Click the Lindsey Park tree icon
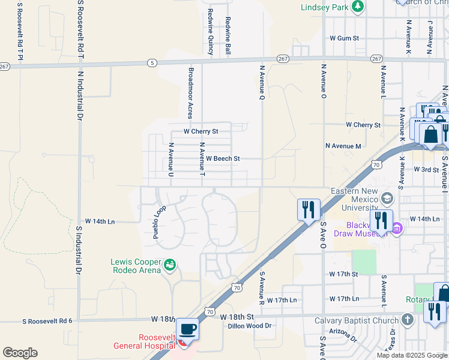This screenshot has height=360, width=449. [x=357, y=7]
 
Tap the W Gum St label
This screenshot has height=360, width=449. [x=344, y=38]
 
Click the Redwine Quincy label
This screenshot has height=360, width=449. [x=211, y=31]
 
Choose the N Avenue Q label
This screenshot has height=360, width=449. [x=262, y=82]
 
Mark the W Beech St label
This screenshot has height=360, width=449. [x=223, y=159]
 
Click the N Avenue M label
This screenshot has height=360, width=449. [x=343, y=146]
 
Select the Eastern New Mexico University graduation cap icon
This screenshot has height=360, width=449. [x=387, y=199]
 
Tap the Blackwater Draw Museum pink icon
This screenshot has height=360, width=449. [x=397, y=228]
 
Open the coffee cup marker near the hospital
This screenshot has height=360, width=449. [x=188, y=329]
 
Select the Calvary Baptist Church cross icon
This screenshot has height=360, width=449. [x=408, y=320]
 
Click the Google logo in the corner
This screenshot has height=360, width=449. [x=20, y=352]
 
